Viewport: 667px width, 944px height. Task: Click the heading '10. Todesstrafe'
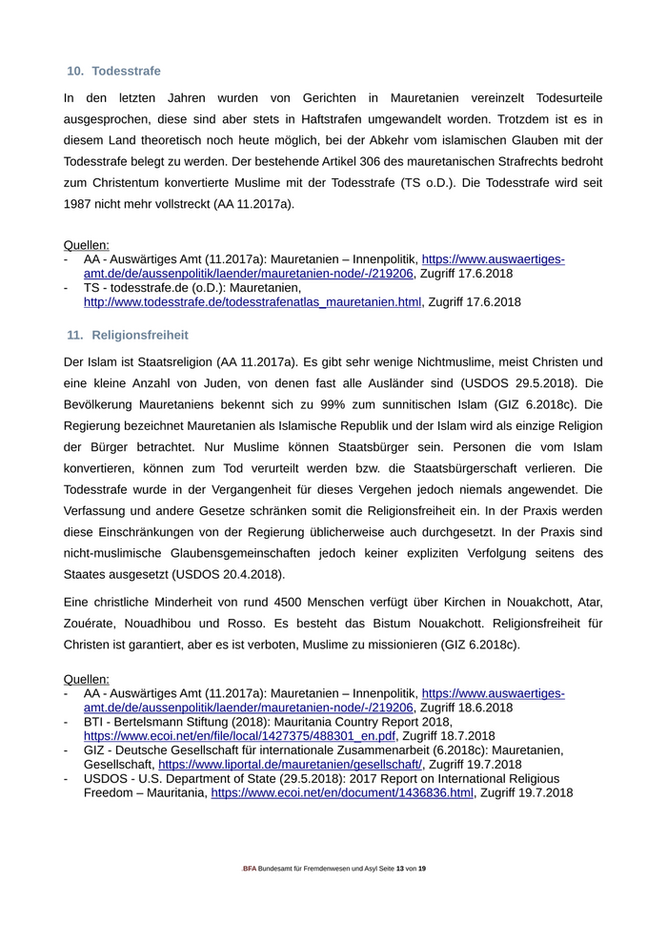pyautogui.click(x=113, y=72)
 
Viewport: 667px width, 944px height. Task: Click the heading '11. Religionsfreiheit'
pyautogui.click(x=128, y=335)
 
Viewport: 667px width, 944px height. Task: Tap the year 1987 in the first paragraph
pyautogui.click(x=78, y=204)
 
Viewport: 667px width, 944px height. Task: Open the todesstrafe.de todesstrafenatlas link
pyautogui.click(x=253, y=302)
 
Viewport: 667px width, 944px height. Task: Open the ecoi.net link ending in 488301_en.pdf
pyautogui.click(x=239, y=736)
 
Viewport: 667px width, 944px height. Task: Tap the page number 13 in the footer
pyautogui.click(x=400, y=869)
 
